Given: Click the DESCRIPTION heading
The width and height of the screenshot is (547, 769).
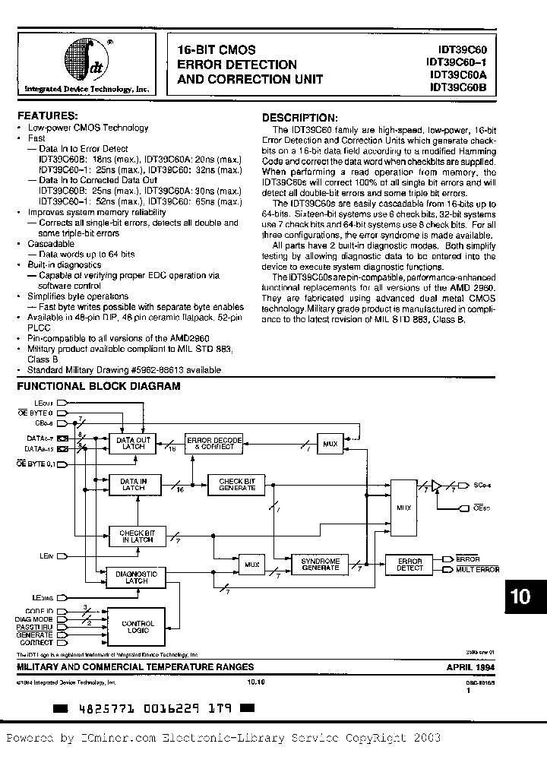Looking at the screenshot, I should (x=299, y=118).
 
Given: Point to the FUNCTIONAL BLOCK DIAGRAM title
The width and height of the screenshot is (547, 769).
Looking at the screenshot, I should (x=99, y=386).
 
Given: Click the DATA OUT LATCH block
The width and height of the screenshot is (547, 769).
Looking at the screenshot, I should (x=133, y=444).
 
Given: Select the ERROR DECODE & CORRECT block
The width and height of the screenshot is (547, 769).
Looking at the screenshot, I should (x=215, y=444).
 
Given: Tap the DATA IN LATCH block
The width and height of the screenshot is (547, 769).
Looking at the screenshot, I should (x=133, y=484).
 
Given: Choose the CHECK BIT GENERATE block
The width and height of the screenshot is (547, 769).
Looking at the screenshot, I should (x=236, y=484).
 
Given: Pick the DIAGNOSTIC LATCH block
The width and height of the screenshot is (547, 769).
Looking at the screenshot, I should (x=136, y=577).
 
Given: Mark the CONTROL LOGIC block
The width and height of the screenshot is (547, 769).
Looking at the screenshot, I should (x=138, y=627).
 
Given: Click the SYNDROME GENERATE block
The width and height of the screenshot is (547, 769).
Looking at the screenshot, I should (x=320, y=564).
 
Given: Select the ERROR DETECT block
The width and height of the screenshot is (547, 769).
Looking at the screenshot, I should (x=409, y=564).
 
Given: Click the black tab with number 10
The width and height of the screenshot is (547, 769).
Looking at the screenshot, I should (x=521, y=597).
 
